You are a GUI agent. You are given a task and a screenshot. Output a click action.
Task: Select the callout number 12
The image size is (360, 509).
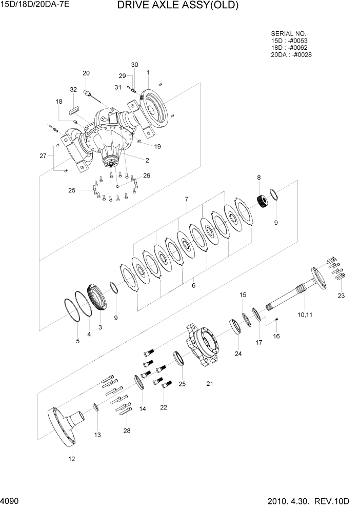pyautogui.click(x=71, y=459)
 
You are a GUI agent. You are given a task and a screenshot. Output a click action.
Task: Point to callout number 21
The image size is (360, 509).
pyautogui.click(x=209, y=383)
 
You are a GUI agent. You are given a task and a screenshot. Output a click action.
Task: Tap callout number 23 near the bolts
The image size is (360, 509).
pyautogui.click(x=342, y=295)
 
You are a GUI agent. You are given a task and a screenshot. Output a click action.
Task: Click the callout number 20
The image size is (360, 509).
pyautogui.click(x=86, y=73)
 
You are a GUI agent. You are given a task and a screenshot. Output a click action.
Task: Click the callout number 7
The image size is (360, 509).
pyautogui.click(x=187, y=199)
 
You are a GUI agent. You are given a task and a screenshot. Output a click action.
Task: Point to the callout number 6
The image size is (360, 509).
pyautogui.click(x=193, y=286)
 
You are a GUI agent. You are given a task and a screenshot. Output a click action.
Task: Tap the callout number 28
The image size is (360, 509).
pyautogui.click(x=126, y=430)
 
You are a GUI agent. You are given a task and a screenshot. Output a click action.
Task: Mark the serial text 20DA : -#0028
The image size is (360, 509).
pyautogui.click(x=291, y=54)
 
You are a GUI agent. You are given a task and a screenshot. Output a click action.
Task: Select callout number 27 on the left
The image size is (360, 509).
pyautogui.click(x=43, y=156)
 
